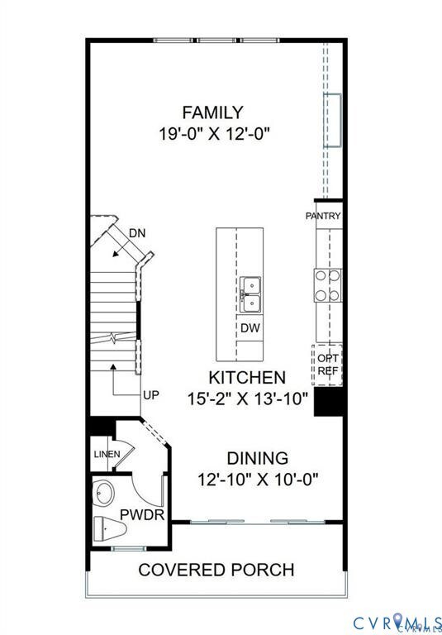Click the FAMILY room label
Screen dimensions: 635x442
[x=213, y=112]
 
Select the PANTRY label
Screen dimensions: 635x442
[x=323, y=216]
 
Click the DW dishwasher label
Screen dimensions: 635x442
[x=250, y=328]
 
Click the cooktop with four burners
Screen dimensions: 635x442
[x=326, y=285]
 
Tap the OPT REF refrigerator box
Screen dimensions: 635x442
[x=327, y=365]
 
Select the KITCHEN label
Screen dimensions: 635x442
[x=247, y=377]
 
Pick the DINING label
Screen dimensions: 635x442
[x=259, y=458]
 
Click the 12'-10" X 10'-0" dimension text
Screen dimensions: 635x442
[x=259, y=478]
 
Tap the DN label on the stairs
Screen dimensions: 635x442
[x=138, y=233]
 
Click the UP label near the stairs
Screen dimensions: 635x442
[x=150, y=395]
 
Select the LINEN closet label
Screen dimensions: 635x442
[x=107, y=454]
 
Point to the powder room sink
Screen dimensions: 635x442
[x=106, y=494]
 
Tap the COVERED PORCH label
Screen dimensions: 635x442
[x=216, y=570]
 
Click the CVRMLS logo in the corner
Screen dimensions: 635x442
[x=397, y=622]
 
